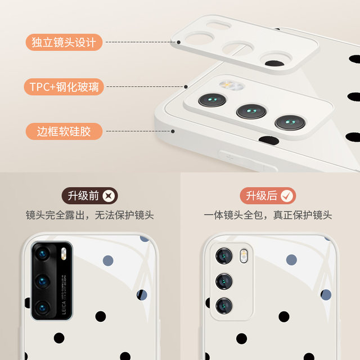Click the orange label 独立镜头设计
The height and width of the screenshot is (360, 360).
pos(64,42)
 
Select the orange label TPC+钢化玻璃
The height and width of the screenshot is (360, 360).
pos(64,87)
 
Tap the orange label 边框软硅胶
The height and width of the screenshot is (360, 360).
pos(64,132)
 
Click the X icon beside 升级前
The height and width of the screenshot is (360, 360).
pos(109,196)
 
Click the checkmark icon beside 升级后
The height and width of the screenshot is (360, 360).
pos(287,196)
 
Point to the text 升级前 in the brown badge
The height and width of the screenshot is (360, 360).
pos(83,196)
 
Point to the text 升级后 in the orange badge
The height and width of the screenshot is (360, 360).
pos(262,196)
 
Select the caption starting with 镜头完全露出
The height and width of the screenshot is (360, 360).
pos(90,215)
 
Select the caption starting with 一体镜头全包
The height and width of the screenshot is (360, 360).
pos(268,215)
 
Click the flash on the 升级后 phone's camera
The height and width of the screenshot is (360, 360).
pos(243,256)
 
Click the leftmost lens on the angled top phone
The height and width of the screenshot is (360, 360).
pos(212,100)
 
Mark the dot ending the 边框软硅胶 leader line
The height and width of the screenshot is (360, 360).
pos(172,132)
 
